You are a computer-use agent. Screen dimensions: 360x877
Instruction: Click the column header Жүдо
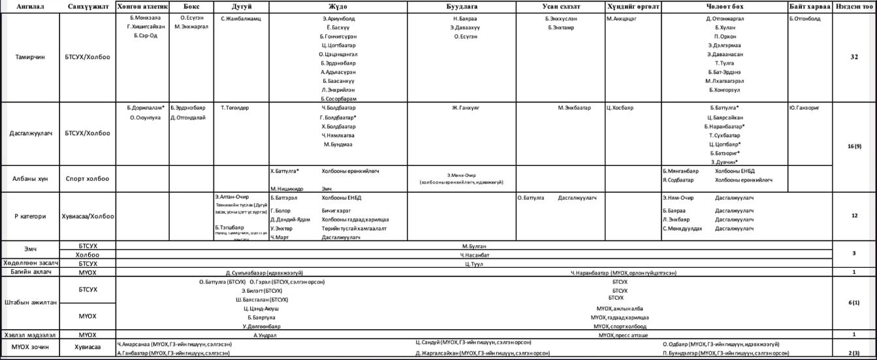click(338, 7)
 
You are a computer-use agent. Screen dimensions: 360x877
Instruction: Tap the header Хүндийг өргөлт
click(633, 7)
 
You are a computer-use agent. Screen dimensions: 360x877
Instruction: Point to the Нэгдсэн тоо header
click(854, 7)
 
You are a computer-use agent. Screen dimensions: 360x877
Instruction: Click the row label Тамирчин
click(30, 57)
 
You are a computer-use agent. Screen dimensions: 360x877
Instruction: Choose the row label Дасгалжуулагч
click(30, 133)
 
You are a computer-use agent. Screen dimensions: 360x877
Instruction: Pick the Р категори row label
click(30, 216)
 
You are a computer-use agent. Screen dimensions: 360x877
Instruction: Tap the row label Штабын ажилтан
click(30, 303)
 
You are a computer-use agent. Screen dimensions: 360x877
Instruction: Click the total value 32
click(854, 57)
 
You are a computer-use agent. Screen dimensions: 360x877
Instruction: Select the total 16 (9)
click(854, 146)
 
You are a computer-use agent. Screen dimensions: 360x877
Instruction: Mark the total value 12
click(854, 216)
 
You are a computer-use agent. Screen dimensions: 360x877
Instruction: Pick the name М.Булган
click(474, 246)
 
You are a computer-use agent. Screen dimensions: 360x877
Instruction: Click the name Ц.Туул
click(474, 263)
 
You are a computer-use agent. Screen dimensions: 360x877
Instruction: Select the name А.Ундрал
click(265, 335)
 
